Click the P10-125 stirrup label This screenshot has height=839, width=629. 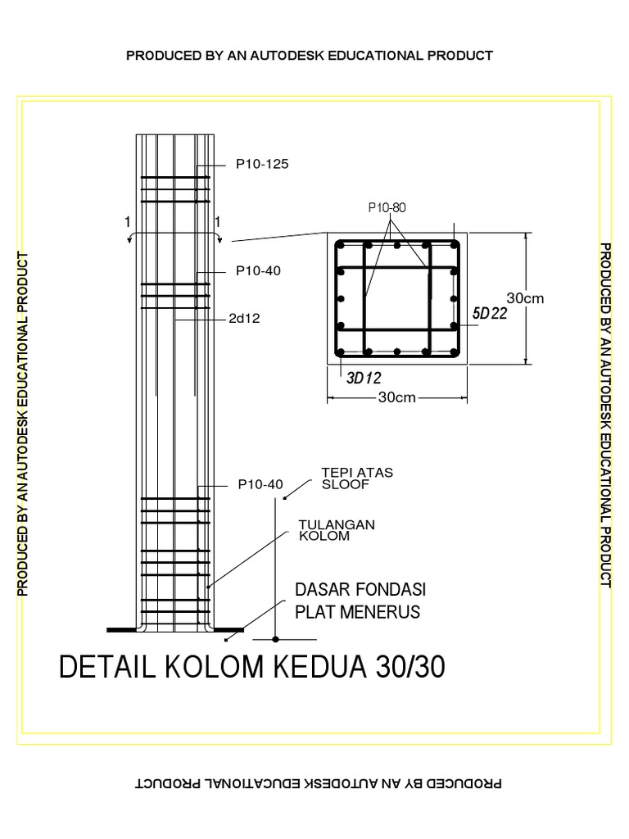click(262, 164)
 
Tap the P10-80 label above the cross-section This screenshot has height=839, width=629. click(386, 207)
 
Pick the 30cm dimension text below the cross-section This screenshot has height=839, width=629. click(398, 398)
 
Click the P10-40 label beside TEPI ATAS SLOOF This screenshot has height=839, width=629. click(260, 484)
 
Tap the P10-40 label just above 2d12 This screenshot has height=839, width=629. click(258, 271)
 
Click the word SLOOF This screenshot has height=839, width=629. click(340, 483)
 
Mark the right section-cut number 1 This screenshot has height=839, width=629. click(218, 221)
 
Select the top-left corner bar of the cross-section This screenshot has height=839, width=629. click(341, 244)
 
